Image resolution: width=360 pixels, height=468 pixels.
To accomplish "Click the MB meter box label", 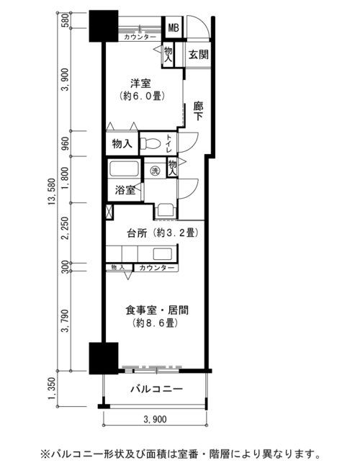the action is coord(174,27).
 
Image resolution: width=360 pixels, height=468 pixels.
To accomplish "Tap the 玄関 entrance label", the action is coord(198,55).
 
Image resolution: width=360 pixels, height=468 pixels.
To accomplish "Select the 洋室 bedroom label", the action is coord(140,83).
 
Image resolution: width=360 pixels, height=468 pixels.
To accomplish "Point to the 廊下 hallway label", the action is coord(198,111).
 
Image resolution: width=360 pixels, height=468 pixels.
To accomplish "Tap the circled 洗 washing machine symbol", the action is coord(155,171).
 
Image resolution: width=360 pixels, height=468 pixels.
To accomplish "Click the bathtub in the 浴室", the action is coord(124,168).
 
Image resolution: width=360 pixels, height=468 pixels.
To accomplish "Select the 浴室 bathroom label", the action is coord(125,190).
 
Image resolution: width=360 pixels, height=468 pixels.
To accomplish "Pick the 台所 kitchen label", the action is coord(137,233).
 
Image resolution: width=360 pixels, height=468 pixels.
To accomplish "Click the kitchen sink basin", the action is coord(163,254).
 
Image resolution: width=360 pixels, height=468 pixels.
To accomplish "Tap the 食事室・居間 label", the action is coord(157,310).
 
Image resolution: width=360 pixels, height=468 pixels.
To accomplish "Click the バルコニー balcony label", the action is coord(156,390).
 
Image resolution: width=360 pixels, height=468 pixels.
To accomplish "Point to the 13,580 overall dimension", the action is coord(52,192).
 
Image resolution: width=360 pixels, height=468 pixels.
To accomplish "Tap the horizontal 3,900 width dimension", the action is coord(156,419).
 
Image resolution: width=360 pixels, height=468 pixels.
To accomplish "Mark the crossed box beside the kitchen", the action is coord(109,212).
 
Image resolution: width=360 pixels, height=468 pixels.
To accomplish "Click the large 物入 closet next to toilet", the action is coord(122,144).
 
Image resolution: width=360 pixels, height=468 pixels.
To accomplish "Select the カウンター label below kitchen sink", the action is coord(156,268).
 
